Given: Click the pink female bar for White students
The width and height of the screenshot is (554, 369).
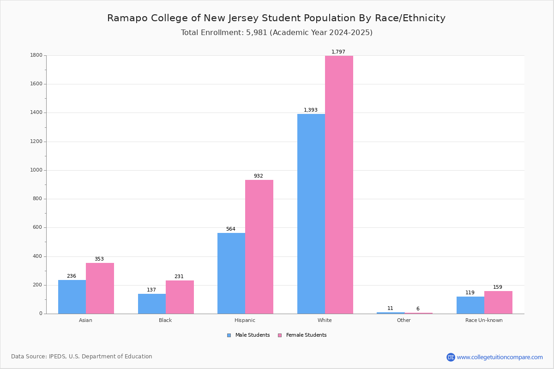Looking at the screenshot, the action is pos(339,184).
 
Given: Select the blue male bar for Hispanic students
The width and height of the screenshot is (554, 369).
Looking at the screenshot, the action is pos(231,274).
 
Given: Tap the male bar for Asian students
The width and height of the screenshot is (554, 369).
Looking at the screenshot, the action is pos(72,297).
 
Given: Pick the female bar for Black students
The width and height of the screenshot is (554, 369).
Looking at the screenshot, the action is pos(180,297).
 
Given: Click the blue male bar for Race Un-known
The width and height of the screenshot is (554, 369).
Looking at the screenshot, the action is pos(470,305).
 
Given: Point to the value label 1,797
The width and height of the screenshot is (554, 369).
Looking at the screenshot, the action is pos(338,52).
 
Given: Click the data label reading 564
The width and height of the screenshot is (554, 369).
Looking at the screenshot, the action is pos(231,229).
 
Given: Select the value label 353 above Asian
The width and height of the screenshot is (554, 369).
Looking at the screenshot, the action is pos(99,259).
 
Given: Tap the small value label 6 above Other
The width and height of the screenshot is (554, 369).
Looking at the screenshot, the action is pos(418,309).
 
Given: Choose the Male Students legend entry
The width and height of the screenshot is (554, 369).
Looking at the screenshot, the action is pos(248,335).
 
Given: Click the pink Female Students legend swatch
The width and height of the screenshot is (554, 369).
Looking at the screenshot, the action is pos(280,335).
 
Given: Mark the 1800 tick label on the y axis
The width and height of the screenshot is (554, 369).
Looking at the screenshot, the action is pos(36,55).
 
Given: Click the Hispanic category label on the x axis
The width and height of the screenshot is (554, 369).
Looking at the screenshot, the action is pos(245,320).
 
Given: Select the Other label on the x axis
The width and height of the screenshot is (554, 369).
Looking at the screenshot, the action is pos(404,320).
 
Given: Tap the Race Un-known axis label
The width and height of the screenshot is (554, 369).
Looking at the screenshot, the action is pos(484,320).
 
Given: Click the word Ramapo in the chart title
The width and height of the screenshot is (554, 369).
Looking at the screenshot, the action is pos(127,18).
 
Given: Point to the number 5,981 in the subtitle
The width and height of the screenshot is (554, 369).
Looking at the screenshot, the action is pos(257,33).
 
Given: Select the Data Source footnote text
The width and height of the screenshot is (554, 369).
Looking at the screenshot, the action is pos(82,357).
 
